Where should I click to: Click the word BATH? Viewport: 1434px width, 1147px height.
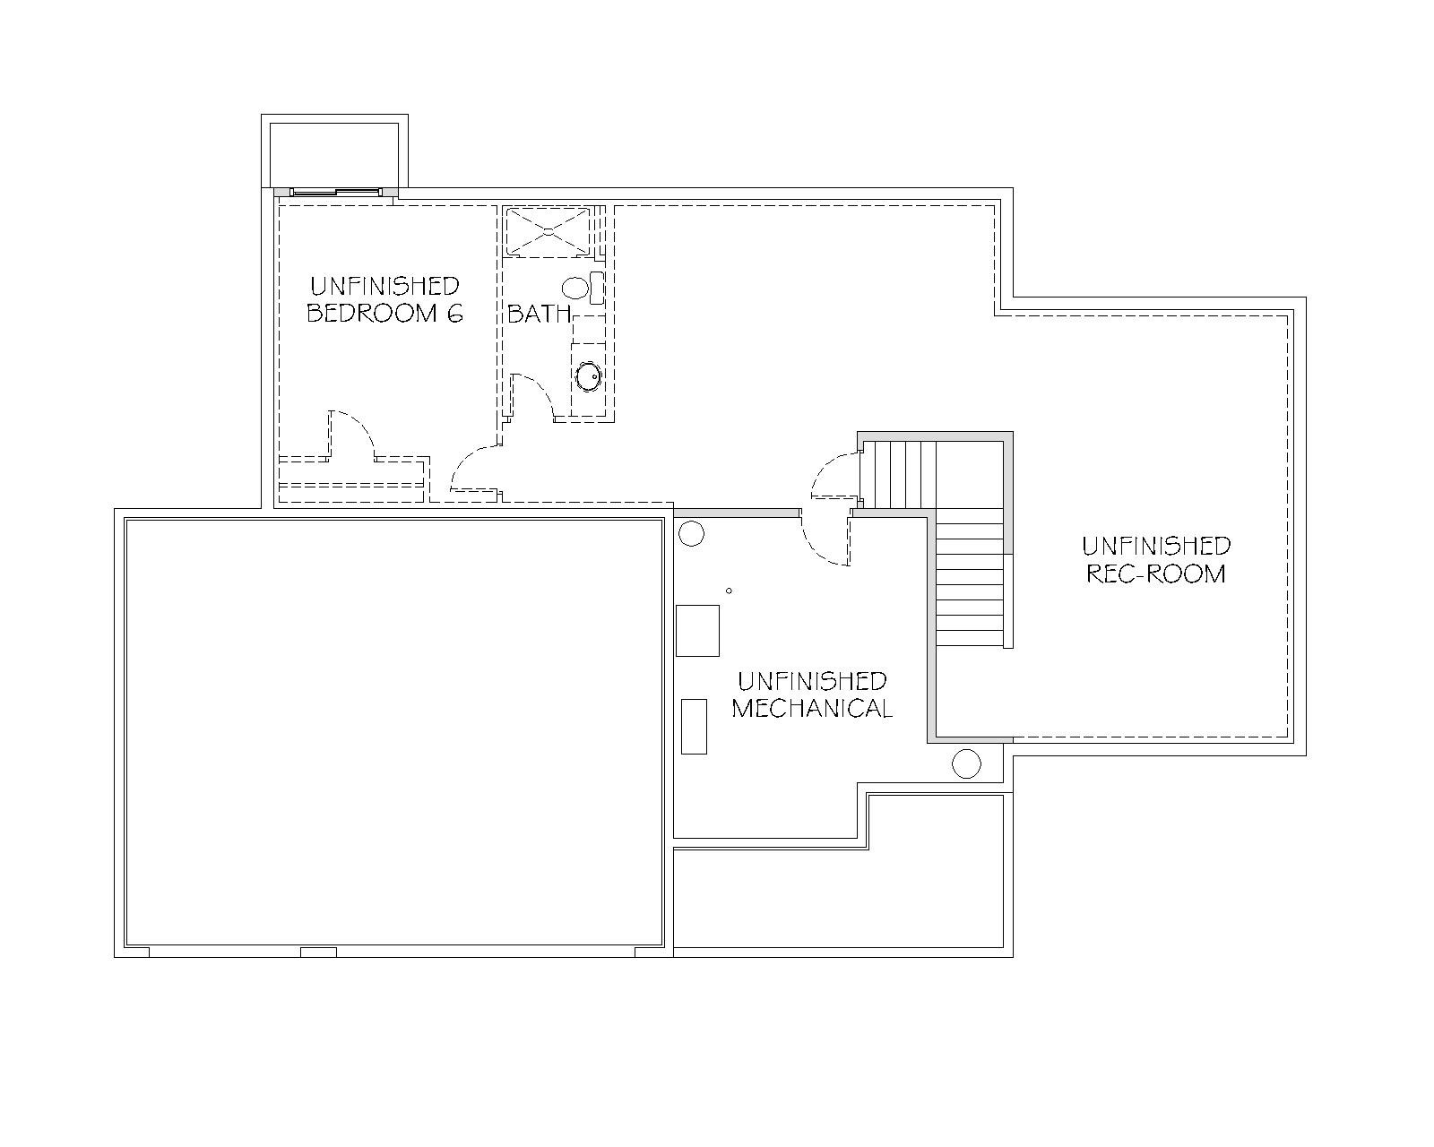tap(540, 314)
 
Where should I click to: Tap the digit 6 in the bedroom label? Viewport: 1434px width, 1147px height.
tap(454, 314)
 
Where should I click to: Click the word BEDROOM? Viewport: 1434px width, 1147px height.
tap(372, 314)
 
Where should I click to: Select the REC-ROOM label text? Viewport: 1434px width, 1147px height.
tap(1156, 573)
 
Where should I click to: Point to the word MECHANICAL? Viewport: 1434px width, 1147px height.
tap(812, 709)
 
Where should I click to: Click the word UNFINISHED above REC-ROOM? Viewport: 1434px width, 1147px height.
tap(1156, 547)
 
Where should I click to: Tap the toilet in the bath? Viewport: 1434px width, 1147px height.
tap(583, 288)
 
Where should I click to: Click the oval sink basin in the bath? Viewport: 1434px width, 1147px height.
tap(589, 375)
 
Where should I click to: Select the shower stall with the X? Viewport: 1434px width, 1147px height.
tap(548, 231)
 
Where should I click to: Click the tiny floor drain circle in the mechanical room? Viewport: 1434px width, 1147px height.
tap(729, 591)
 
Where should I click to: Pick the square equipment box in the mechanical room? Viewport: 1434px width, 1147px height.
tap(697, 631)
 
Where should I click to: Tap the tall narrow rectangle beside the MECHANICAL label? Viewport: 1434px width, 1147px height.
tap(695, 727)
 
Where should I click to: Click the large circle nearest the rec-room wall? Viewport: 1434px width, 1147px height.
tap(966, 763)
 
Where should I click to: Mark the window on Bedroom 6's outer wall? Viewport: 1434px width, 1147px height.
tap(336, 192)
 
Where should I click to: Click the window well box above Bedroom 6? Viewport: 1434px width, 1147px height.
tap(334, 152)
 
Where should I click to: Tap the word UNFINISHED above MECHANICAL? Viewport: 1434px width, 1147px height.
tap(812, 681)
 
